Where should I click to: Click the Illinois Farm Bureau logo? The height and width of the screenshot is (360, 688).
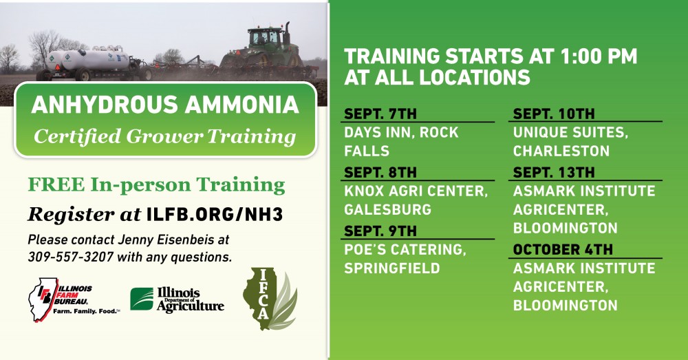click(x=74, y=299)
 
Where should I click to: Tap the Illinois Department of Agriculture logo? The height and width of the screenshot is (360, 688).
click(x=177, y=300)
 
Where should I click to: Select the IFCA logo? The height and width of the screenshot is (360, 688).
click(x=270, y=299)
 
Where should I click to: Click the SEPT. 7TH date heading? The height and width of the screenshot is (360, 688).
click(x=380, y=114)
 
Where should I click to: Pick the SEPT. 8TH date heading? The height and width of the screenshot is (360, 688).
click(x=380, y=172)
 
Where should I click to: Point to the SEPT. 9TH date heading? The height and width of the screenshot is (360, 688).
click(x=380, y=231)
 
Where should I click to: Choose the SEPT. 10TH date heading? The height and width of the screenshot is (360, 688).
click(x=554, y=114)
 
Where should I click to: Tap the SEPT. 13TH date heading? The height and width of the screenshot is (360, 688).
click(x=554, y=172)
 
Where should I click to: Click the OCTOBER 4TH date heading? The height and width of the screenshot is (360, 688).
click(x=563, y=249)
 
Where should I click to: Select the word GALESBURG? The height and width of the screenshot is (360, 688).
click(x=388, y=209)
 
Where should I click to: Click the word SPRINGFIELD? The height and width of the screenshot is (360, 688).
click(x=392, y=268)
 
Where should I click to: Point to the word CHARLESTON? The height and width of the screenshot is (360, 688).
click(x=561, y=151)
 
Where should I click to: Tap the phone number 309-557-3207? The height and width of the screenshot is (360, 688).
click(x=71, y=257)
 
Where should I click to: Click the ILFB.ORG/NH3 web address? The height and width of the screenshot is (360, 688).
click(x=215, y=215)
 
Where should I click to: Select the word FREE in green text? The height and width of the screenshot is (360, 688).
click(x=56, y=185)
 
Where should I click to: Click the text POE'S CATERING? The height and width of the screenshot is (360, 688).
click(x=405, y=249)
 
